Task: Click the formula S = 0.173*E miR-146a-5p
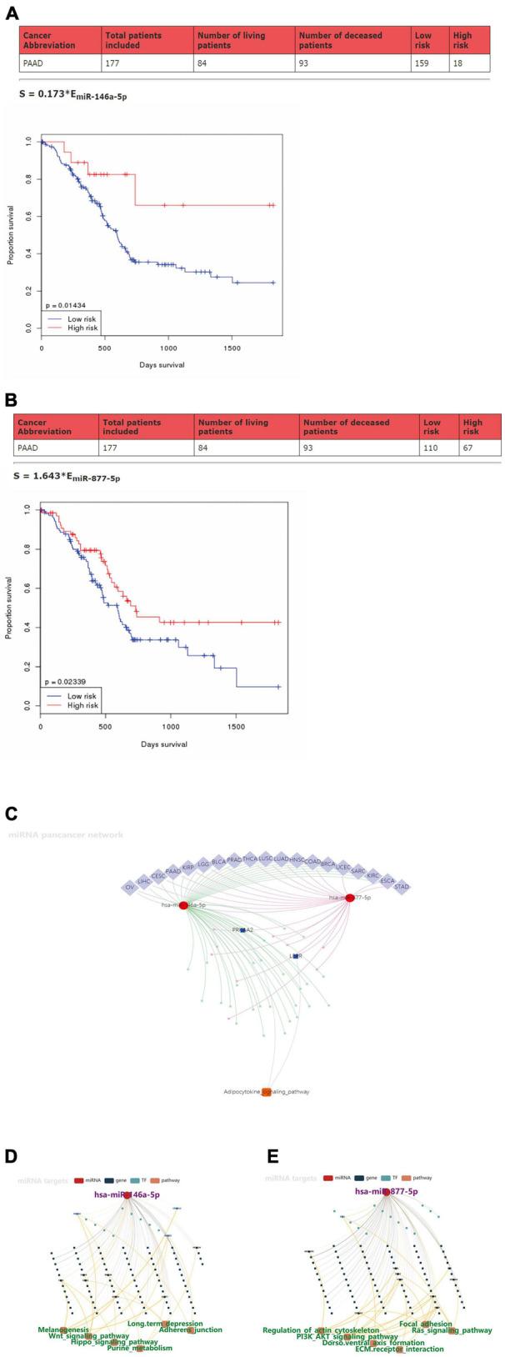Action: (73, 96)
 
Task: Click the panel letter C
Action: (11, 814)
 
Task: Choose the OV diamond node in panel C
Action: (129, 888)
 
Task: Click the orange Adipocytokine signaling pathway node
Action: (267, 1091)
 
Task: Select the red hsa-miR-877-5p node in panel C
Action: (350, 897)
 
